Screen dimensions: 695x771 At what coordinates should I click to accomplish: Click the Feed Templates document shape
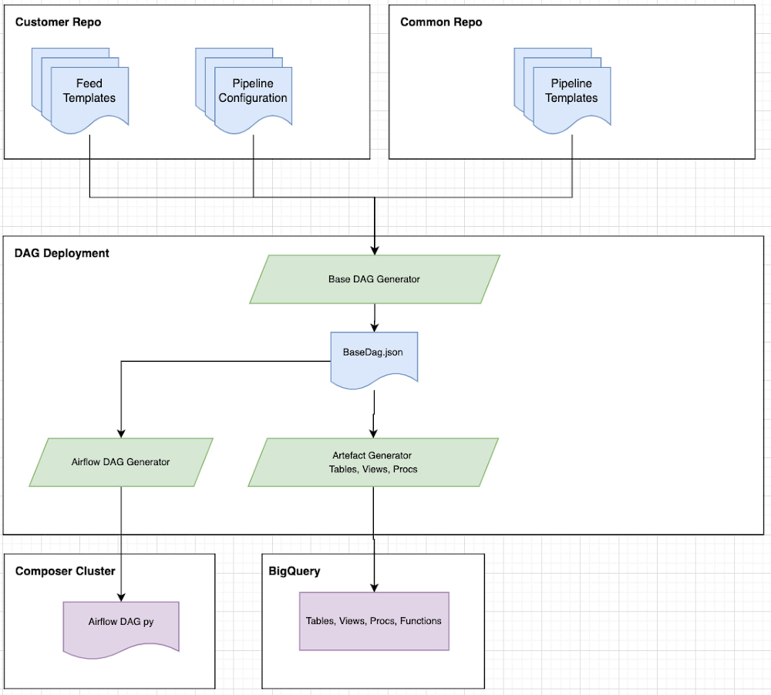[x=89, y=92]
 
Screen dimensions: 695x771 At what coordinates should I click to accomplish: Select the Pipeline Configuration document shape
[x=253, y=92]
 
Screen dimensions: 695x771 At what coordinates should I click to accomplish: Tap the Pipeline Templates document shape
[x=571, y=92]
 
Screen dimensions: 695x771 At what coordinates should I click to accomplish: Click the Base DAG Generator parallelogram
[x=374, y=279]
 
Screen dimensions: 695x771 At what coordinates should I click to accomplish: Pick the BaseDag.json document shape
[x=373, y=354]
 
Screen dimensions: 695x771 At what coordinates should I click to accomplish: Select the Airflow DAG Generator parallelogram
[x=120, y=462]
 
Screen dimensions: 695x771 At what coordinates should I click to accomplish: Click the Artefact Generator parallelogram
[x=372, y=462]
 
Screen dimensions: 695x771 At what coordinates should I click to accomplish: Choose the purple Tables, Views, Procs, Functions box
[x=373, y=621]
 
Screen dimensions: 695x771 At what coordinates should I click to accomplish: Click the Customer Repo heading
[x=58, y=22]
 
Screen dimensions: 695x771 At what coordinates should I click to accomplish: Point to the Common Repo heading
[x=441, y=22]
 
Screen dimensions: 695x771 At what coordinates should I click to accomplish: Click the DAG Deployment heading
[x=62, y=253]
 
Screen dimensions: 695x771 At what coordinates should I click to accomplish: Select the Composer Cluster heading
[x=65, y=572]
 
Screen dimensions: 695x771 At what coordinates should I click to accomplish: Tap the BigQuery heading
[x=294, y=572]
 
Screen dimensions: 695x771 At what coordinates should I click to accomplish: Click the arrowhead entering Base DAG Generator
[x=374, y=250]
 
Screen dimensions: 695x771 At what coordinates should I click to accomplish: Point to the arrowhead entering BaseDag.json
[x=374, y=327]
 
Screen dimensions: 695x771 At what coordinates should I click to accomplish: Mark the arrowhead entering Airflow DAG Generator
[x=121, y=433]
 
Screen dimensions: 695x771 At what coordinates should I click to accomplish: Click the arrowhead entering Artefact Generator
[x=373, y=433]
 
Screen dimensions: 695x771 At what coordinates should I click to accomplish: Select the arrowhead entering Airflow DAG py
[x=121, y=596]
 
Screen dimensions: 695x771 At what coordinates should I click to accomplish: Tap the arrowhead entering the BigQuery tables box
[x=373, y=587]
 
